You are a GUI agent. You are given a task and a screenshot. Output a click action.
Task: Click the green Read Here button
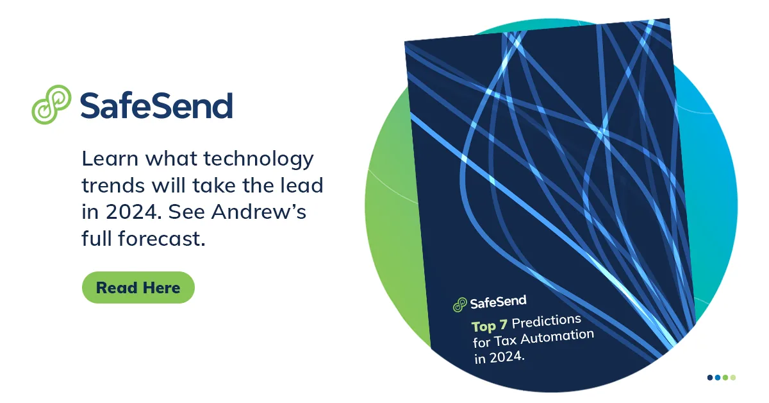(138, 287)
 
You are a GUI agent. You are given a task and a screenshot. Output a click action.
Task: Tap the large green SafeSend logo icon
(51, 105)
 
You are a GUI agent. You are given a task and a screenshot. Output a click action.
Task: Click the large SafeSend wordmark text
(156, 105)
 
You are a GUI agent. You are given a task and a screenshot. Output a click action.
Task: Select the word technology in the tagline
(258, 160)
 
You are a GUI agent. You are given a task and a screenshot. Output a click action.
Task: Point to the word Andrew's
(258, 212)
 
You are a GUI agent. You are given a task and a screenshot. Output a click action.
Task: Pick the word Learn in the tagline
(110, 159)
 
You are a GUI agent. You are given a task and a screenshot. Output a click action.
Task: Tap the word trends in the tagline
(113, 185)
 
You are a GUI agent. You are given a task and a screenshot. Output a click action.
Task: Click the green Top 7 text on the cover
(489, 325)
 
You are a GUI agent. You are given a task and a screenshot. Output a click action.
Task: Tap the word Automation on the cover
(557, 336)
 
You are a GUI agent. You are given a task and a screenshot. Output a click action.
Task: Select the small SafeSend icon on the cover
(460, 305)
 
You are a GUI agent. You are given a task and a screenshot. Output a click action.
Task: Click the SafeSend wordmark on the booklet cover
(498, 302)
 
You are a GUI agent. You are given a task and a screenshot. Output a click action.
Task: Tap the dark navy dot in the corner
(710, 377)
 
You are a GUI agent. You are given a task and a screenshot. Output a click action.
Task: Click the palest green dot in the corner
(733, 377)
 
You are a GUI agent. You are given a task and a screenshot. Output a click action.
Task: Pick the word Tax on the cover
(506, 341)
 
